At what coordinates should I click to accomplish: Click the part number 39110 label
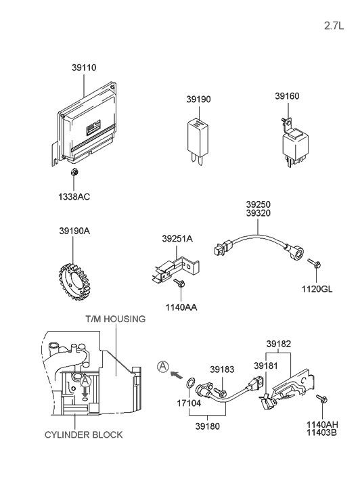(x=84, y=68)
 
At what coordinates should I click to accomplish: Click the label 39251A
(x=177, y=238)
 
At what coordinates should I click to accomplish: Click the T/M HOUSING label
(x=115, y=318)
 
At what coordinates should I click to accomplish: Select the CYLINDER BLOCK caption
(x=84, y=434)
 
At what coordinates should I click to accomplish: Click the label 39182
(x=279, y=344)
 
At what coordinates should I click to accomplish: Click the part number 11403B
(x=322, y=431)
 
